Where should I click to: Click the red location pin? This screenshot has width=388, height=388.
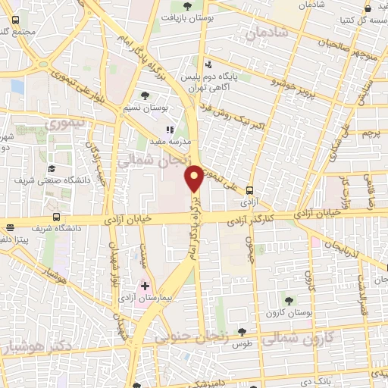pyautogui.click(x=195, y=178)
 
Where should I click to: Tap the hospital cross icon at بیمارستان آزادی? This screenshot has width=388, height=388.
pyautogui.click(x=145, y=286)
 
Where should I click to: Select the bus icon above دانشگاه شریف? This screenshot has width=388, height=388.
pyautogui.click(x=11, y=227)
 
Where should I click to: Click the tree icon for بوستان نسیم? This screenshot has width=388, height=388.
pyautogui.click(x=145, y=95)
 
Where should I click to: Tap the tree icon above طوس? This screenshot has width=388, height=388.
pyautogui.click(x=242, y=331)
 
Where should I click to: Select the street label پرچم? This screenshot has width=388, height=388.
pyautogui.click(x=371, y=133)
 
